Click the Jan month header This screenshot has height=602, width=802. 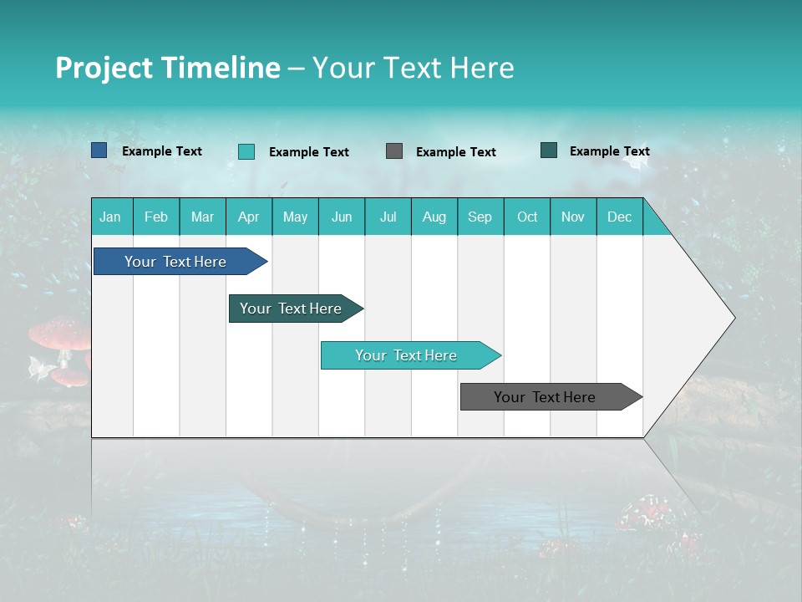click(111, 217)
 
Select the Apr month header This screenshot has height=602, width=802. click(249, 217)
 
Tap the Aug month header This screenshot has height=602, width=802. click(434, 217)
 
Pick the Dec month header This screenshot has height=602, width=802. click(620, 217)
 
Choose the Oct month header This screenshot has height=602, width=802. click(527, 217)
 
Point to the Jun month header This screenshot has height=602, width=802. click(342, 217)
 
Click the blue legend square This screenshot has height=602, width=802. click(99, 150)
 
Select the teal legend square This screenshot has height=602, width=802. click(246, 151)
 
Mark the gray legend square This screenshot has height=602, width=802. click(394, 151)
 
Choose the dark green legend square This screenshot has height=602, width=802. click(549, 150)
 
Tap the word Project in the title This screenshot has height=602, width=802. click(104, 68)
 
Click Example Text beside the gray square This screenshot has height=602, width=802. click(456, 152)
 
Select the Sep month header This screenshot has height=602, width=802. click(480, 217)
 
